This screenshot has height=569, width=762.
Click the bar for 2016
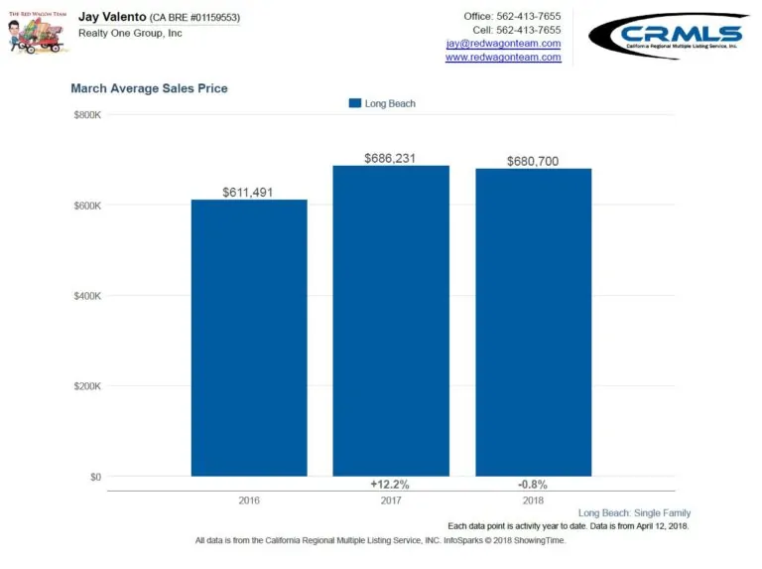pos(249,338)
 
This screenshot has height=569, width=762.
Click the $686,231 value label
pos(391,158)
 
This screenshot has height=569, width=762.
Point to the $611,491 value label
pos(249,192)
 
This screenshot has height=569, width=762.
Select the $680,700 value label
pos(534,161)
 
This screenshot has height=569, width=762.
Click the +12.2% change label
pos(391,485)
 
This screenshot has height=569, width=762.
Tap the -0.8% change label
pos(533,485)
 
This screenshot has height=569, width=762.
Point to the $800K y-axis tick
pos(87,115)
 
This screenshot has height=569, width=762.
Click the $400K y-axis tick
pos(87,296)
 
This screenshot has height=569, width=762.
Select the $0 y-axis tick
pos(94,477)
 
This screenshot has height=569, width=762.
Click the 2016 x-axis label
pos(249,499)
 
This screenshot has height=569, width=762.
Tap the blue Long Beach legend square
pos(355,103)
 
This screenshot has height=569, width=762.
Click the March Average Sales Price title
pos(149,88)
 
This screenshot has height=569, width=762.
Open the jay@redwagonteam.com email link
pos(503,44)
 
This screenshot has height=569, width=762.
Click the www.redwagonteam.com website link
pos(503,58)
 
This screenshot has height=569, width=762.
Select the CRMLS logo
pos(669,37)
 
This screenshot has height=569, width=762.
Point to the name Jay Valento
pos(111,17)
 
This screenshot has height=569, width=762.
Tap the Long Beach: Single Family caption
pos(634,512)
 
